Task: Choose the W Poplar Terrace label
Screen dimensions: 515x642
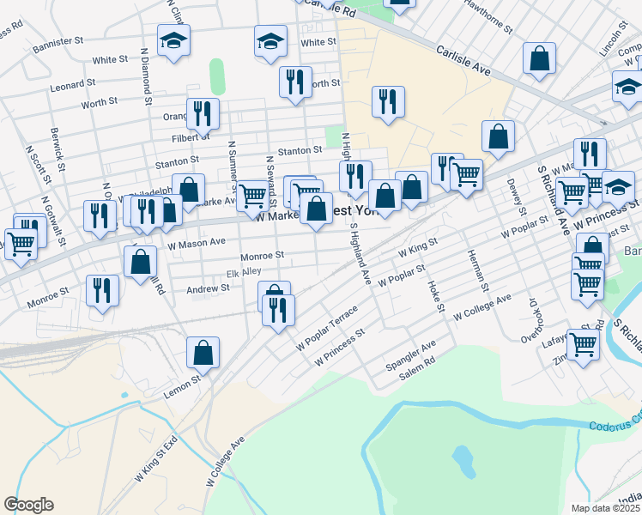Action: [x=325, y=329]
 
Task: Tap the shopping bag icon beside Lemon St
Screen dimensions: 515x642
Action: [x=203, y=351]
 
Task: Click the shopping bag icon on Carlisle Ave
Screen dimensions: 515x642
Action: [x=540, y=58]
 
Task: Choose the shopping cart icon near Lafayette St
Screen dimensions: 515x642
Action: [x=583, y=345]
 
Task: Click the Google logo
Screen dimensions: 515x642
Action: [x=28, y=505]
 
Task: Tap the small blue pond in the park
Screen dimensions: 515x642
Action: [x=463, y=461]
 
